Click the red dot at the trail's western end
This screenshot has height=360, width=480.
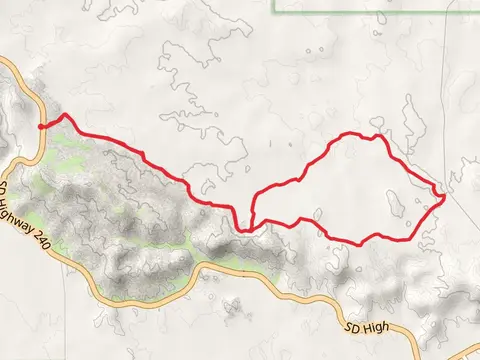[41, 127]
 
